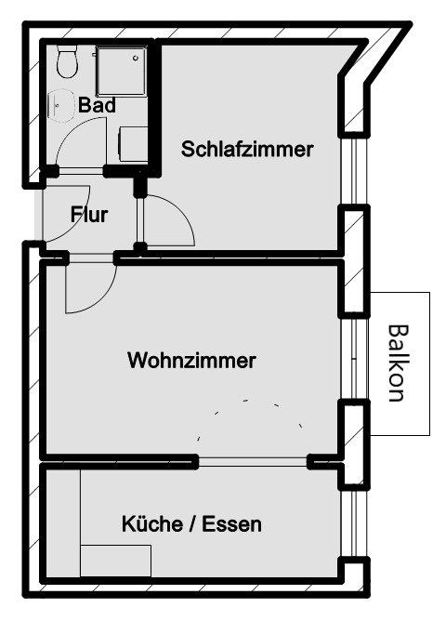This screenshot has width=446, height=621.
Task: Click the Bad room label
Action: click(97, 105)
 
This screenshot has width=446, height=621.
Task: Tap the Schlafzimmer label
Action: click(247, 149)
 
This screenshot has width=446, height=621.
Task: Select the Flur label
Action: click(89, 214)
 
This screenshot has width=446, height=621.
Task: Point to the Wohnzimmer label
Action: click(191, 360)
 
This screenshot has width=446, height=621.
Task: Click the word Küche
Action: click(152, 523)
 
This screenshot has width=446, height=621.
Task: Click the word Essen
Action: click(232, 524)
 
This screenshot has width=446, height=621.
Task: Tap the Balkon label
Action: click(397, 363)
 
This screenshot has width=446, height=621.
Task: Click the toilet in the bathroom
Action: click(66, 61)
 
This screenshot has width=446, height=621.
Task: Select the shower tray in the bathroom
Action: click(122, 71)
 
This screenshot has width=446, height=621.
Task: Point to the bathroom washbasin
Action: click(60, 105)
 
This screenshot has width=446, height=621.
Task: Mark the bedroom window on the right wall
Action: click(354, 171)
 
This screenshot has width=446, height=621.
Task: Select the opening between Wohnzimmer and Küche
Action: click(253, 461)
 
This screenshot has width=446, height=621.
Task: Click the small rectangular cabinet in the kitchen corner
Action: click(115, 561)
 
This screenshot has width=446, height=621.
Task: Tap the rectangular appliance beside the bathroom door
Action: click(134, 144)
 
